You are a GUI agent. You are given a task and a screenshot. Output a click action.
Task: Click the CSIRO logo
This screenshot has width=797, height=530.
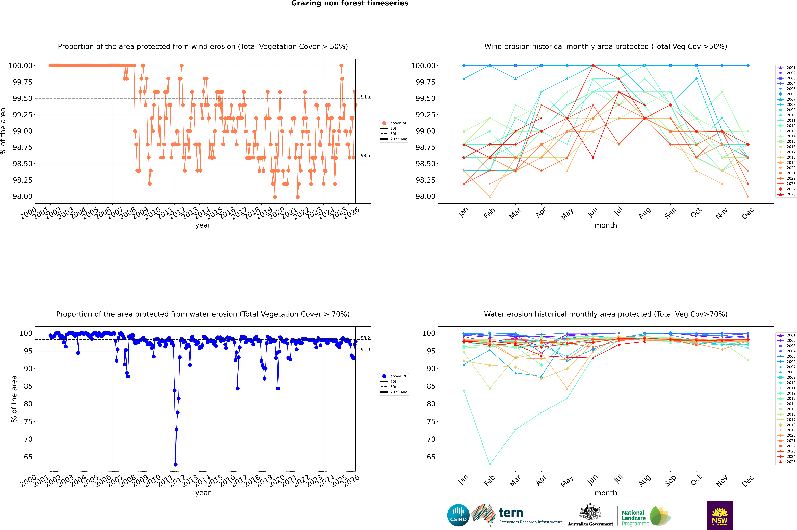tap(458, 515)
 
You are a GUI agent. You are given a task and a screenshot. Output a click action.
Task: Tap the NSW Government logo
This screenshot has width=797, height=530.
tap(720, 515)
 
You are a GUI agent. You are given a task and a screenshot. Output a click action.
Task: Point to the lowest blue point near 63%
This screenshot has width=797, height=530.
tap(175, 464)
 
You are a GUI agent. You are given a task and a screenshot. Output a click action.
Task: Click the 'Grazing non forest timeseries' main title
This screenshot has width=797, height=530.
tap(350, 3)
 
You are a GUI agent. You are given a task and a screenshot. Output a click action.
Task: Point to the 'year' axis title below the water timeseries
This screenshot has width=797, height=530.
tap(203, 493)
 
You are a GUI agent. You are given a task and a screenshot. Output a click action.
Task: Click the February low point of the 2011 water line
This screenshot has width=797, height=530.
tap(490, 464)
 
